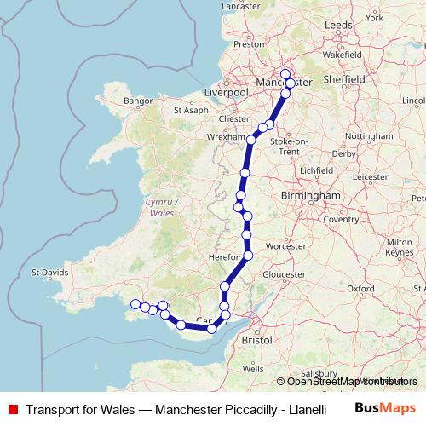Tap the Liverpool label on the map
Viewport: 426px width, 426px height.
point(225,91)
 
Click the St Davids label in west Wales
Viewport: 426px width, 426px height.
point(49,273)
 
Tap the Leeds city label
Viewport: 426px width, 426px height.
point(337,26)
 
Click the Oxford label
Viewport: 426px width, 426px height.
point(360,290)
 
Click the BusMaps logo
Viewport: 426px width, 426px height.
point(384,408)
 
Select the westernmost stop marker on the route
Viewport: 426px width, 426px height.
point(135,304)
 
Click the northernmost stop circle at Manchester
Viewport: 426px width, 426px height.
point(285,73)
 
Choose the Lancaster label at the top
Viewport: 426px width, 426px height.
point(240,6)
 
